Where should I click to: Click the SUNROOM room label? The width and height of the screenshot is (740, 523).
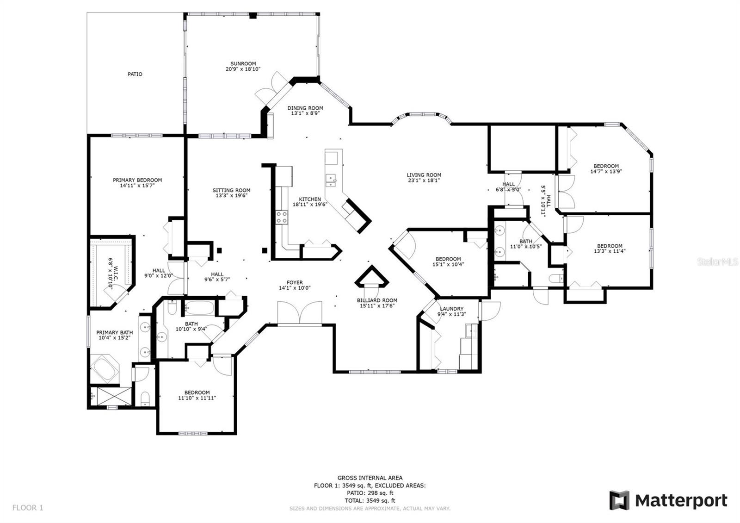[243, 64]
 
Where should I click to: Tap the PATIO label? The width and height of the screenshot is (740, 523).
[135, 75]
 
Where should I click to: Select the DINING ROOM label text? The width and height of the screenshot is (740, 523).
[305, 108]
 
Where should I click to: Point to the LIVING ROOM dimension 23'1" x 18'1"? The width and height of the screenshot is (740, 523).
[424, 181]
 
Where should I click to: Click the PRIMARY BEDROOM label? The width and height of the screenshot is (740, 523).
[137, 180]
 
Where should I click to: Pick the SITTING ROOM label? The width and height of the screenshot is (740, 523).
[231, 190]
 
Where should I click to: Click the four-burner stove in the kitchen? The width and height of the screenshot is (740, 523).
[282, 218]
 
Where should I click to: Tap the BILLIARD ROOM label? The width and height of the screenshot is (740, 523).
[377, 300]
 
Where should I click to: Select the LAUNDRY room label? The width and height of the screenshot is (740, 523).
[451, 309]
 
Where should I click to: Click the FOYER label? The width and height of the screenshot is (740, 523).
[295, 283]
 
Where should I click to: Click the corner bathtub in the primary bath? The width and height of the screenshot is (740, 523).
[105, 369]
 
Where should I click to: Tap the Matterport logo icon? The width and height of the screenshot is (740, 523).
[619, 500]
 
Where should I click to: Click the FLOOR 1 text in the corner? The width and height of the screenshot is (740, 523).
[28, 508]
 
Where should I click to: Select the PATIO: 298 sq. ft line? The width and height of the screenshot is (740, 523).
[370, 493]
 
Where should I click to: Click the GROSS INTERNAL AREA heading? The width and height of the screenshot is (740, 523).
[370, 478]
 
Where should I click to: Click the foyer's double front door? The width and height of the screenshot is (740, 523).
[300, 313]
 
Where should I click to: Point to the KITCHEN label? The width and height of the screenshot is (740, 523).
[310, 199]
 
